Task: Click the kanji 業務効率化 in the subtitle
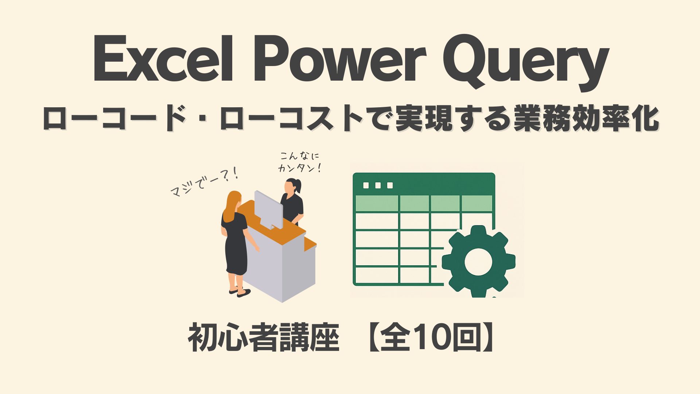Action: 586,118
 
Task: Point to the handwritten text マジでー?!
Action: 204,182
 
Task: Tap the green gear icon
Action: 478,261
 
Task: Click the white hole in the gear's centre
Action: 478,262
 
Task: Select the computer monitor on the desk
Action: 269,209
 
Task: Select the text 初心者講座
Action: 264,337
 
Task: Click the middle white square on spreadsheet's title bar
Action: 378,185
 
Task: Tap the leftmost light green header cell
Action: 377,203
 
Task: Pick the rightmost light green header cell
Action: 477,203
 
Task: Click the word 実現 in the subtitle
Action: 424,118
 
